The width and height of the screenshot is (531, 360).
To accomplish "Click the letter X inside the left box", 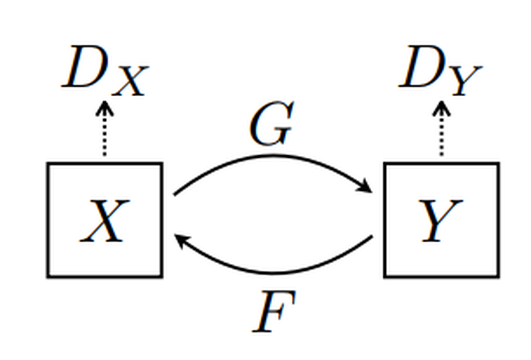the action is pos(105,221).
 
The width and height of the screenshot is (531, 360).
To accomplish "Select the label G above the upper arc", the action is pos(272,123).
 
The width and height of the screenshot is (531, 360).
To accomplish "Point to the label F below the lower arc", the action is pos(274,311).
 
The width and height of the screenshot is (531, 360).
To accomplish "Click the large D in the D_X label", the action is pos(85,66).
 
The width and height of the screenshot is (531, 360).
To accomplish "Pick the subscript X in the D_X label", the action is pos(130,81).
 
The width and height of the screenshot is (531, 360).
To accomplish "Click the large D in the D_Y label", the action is pos(421,66).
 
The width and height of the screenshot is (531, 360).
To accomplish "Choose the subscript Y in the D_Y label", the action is pos(467,81).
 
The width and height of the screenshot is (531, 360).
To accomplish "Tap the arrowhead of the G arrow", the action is pos(365,186).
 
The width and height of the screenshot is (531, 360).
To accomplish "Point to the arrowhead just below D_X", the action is pos(105,108).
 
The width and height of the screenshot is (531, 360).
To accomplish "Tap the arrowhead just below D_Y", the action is pos(441,108).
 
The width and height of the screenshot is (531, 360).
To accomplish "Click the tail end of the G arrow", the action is pos(174,195).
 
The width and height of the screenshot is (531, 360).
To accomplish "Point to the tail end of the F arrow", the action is pos(372,236).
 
